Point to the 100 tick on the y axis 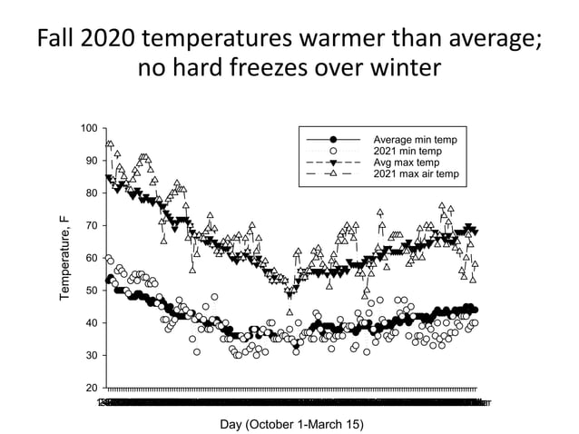click(x=87, y=128)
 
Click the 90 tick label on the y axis click(x=90, y=161)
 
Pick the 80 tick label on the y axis click(x=90, y=193)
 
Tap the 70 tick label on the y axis click(x=90, y=226)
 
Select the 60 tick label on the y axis click(x=90, y=259)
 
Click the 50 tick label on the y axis click(x=90, y=291)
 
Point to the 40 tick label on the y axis click(x=90, y=324)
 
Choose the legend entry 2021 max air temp click(x=417, y=173)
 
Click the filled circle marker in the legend click(x=333, y=139)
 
